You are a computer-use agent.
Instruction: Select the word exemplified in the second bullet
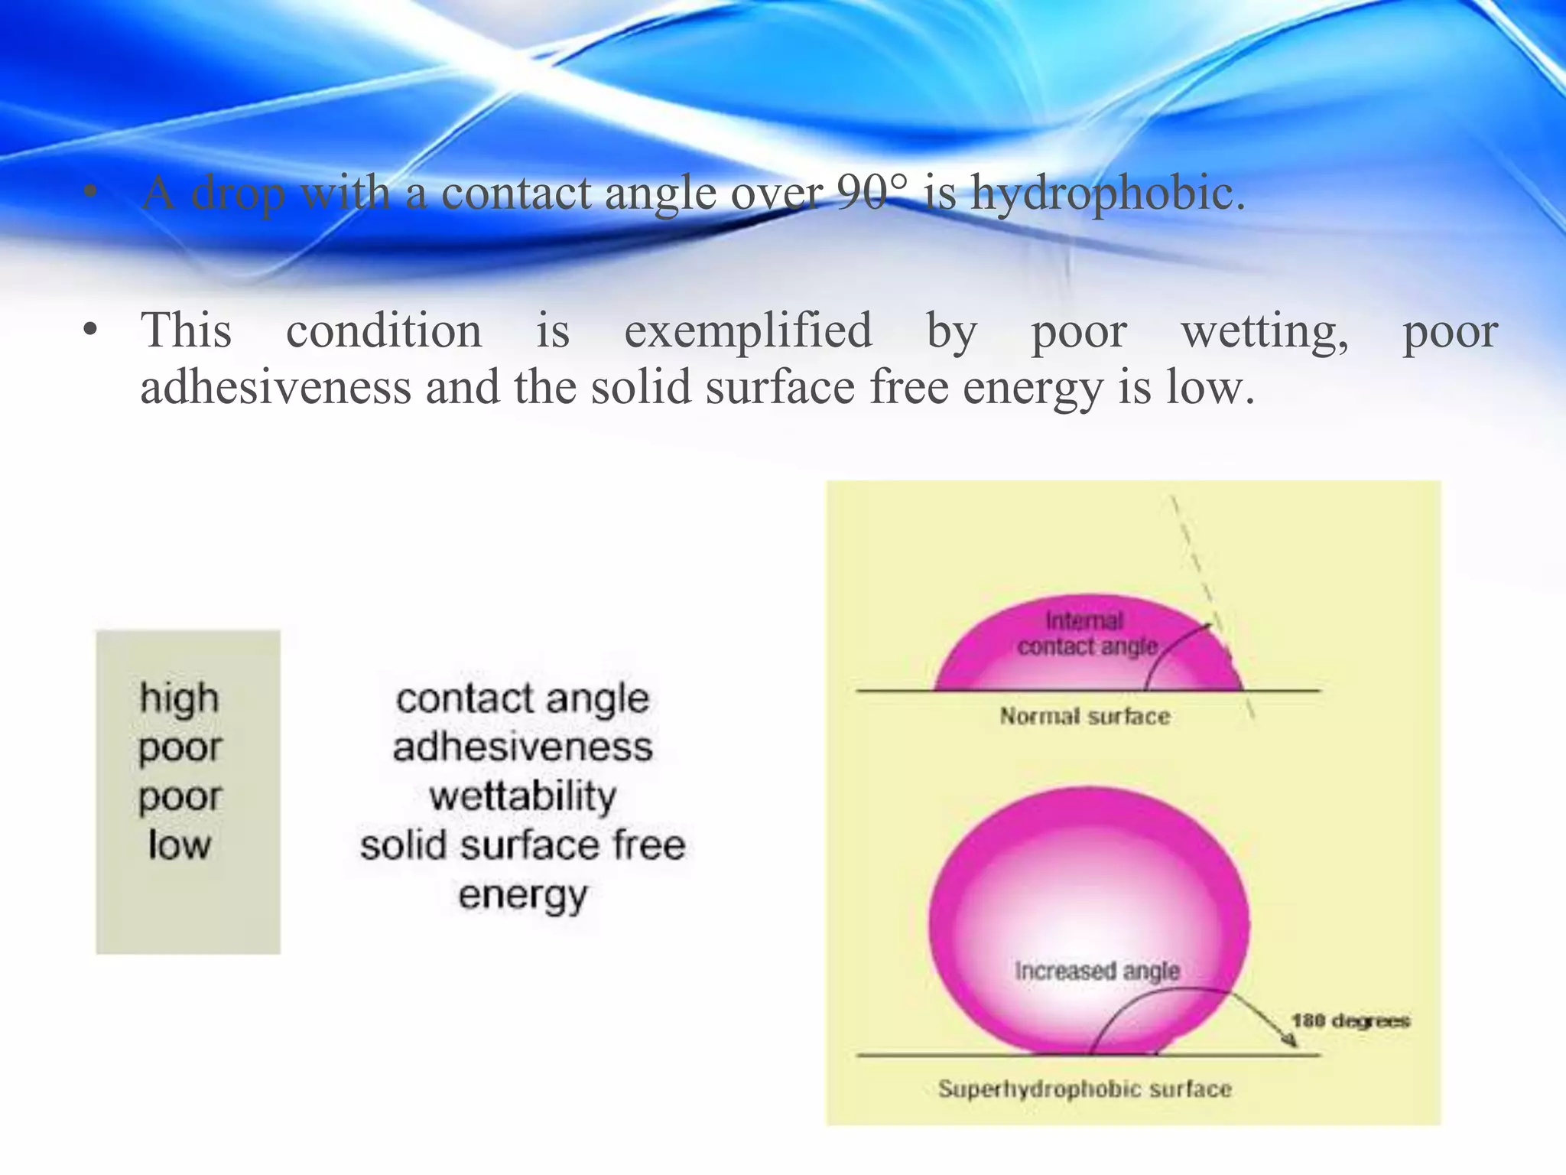[748, 331]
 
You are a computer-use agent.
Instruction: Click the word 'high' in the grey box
[179, 698]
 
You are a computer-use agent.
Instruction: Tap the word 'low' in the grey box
[179, 845]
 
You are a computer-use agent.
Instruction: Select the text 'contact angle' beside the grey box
[522, 698]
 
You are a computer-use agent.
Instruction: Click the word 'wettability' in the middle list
[522, 796]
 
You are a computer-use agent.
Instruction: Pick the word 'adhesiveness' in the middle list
[522, 747]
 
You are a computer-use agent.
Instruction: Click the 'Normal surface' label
[1084, 717]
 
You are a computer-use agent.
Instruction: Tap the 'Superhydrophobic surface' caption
[1084, 1089]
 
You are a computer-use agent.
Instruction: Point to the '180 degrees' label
[1350, 1021]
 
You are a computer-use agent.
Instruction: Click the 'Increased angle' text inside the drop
[1097, 971]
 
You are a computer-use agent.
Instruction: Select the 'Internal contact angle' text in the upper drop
[1086, 633]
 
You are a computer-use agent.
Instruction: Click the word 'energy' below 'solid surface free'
[522, 895]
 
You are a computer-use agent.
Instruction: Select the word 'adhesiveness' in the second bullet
[275, 388]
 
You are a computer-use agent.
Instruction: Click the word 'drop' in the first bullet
[237, 193]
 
